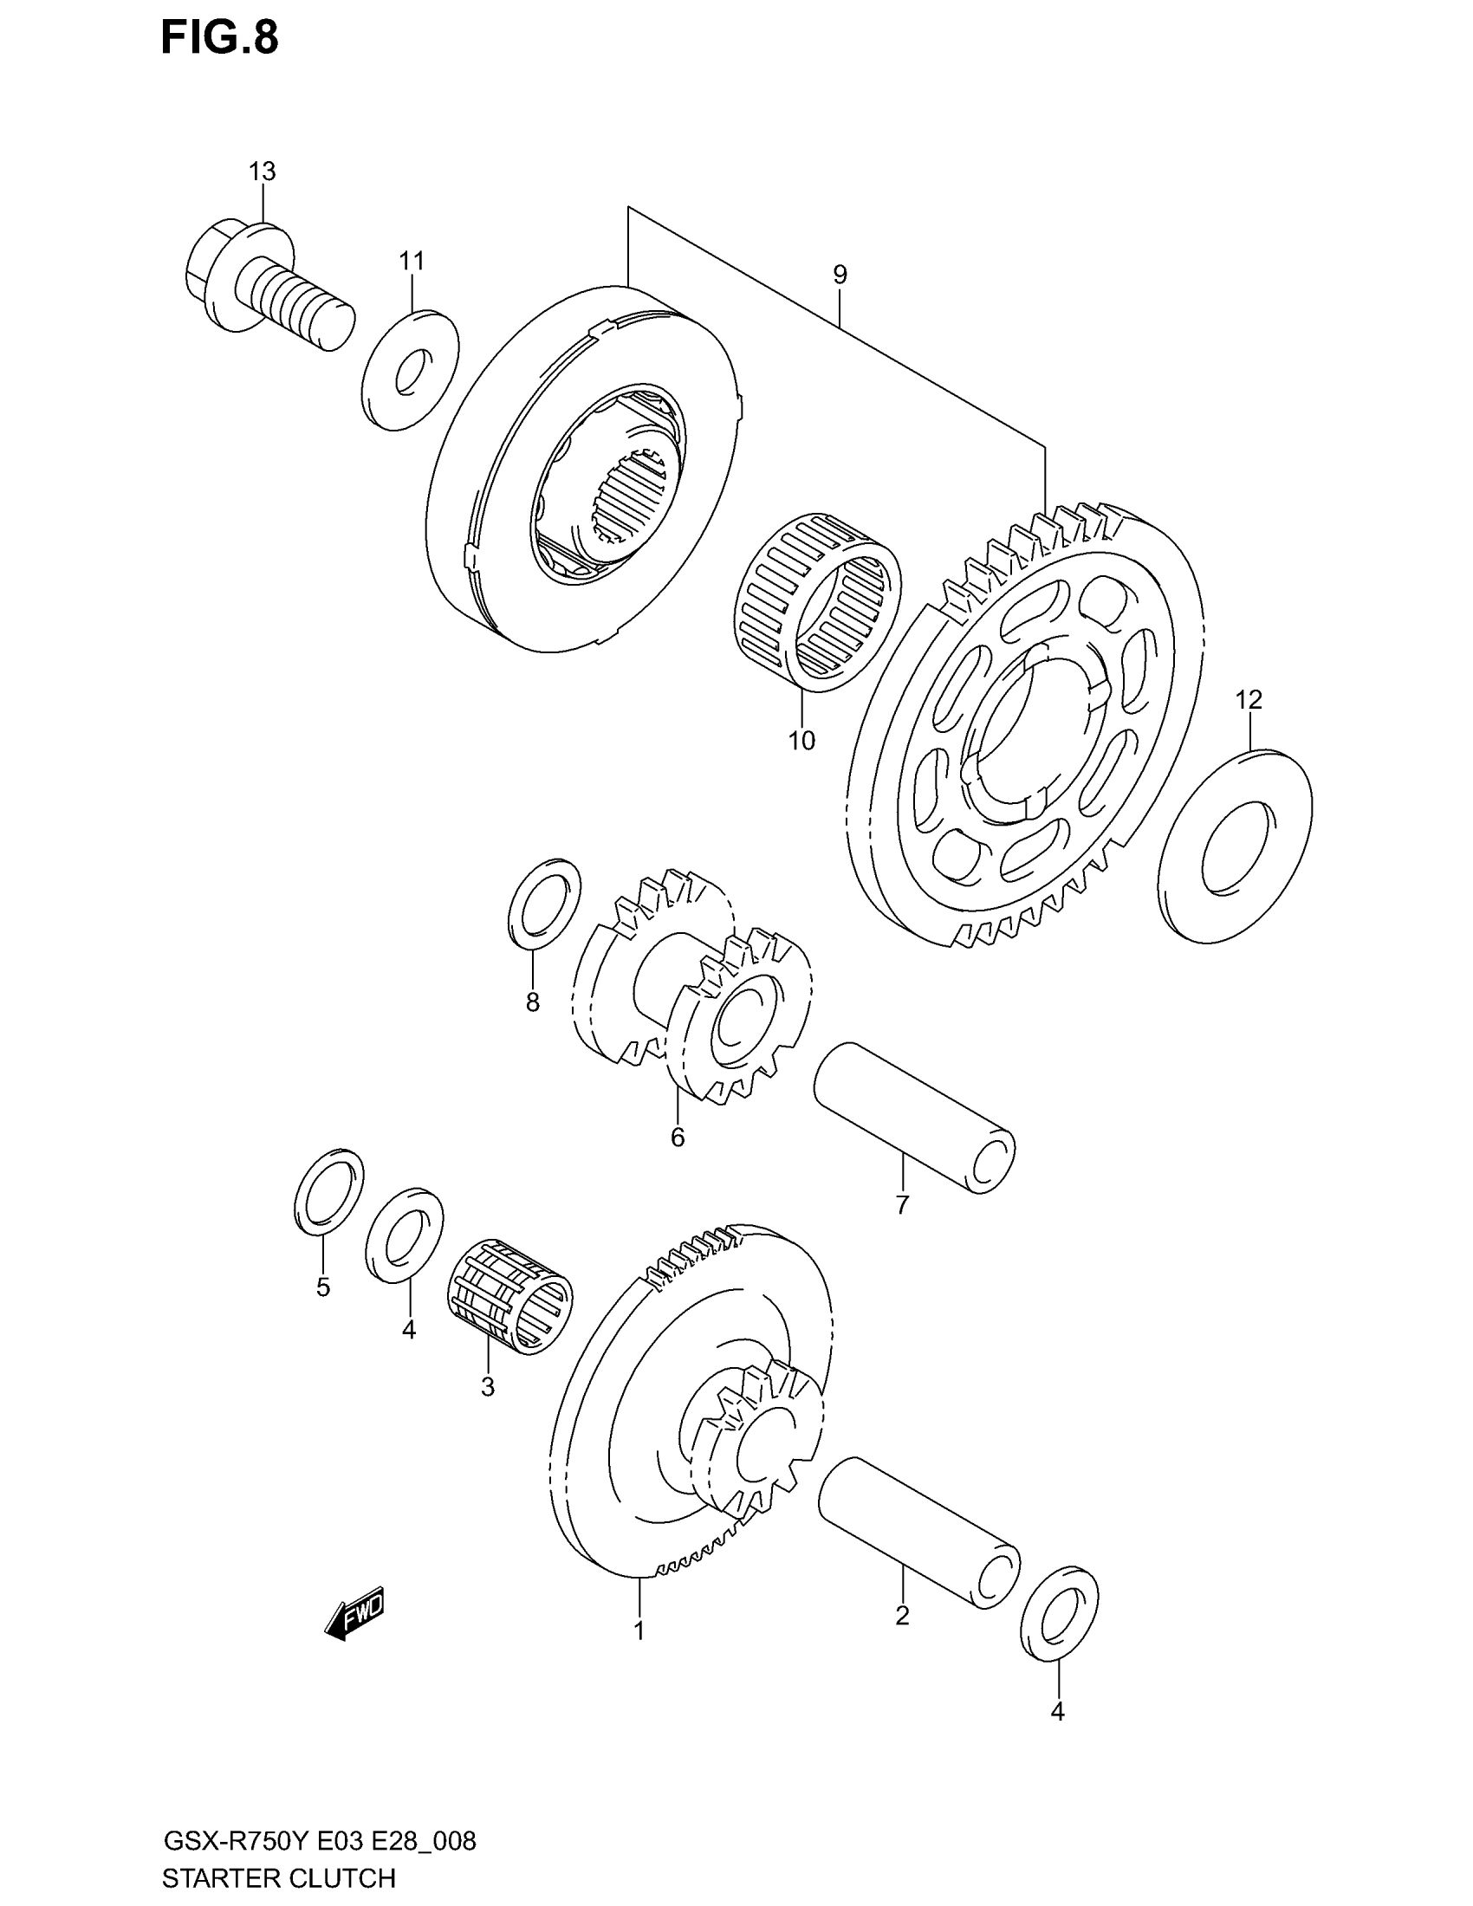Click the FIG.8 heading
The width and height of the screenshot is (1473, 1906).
pos(219,39)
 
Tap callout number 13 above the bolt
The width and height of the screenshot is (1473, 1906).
pos(262,172)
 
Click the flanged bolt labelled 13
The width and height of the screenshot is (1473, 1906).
pos(266,283)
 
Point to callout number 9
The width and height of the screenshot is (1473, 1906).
pos(840,275)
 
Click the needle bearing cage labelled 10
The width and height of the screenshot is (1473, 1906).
pos(816,600)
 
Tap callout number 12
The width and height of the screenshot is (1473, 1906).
pos(1249,699)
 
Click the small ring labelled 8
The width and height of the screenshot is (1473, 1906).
pos(543,902)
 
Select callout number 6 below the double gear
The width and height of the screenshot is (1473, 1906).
pos(678,1138)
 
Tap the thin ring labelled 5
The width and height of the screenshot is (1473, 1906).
pos(329,1192)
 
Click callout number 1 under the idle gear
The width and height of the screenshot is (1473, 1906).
pos(639,1630)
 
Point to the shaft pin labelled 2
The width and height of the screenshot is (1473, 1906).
pos(918,1532)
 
